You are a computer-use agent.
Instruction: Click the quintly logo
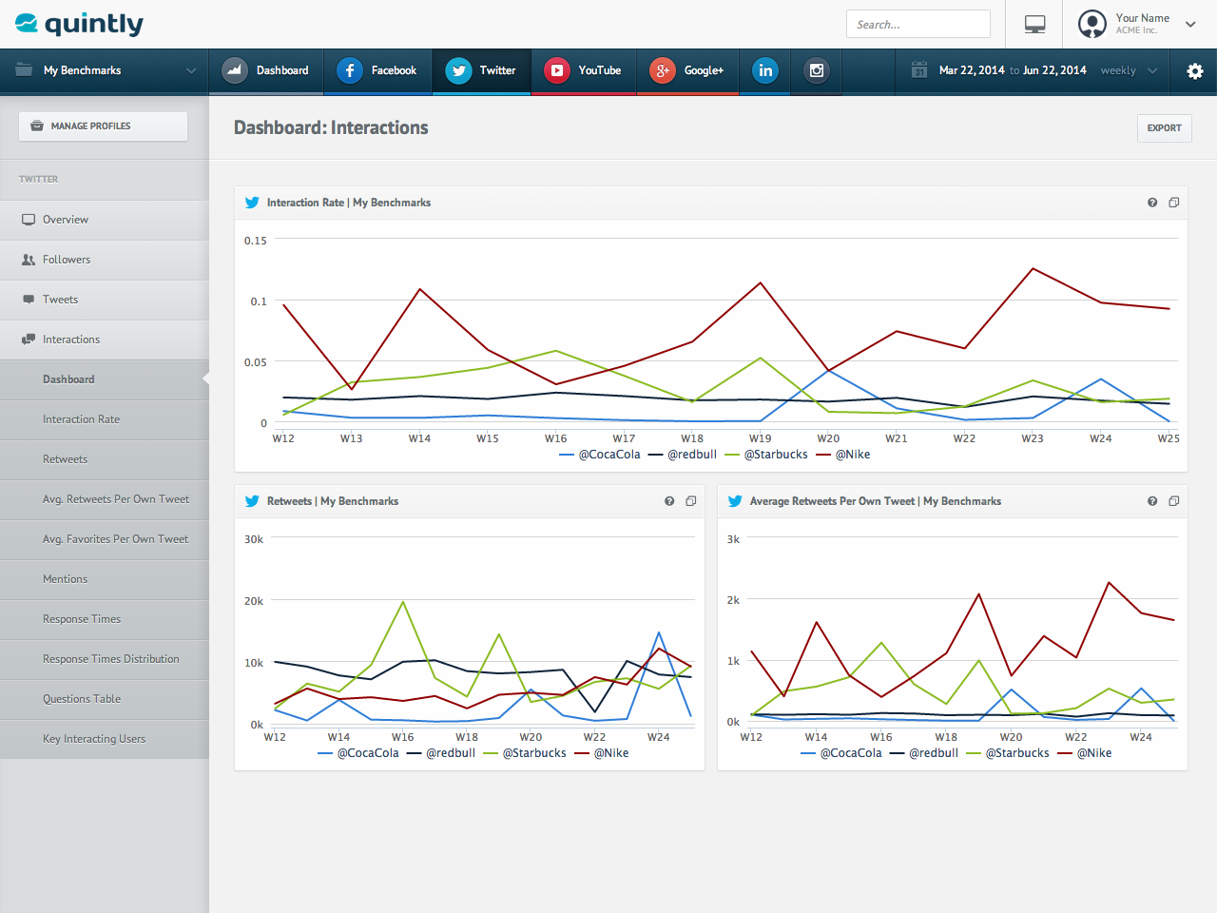[80, 24]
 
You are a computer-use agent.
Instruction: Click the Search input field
[918, 25]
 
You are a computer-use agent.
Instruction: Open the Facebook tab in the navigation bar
[377, 70]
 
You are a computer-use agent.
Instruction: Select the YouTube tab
[583, 70]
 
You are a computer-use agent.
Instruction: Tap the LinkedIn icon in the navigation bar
[765, 70]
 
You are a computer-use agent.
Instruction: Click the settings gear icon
[1195, 71]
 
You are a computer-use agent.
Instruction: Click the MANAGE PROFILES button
[103, 126]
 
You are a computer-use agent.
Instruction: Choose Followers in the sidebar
[67, 260]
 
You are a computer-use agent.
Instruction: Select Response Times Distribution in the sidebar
[110, 659]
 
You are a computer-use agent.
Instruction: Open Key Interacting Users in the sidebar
[94, 739]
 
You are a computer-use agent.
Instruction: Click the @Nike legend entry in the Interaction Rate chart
[852, 455]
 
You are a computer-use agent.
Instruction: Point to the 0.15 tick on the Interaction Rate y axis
[255, 241]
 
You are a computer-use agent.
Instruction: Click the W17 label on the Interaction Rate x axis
[624, 438]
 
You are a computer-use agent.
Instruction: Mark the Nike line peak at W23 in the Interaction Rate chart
[1033, 268]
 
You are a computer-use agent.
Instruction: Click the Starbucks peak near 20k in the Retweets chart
[403, 602]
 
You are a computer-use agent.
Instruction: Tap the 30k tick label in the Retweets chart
[254, 539]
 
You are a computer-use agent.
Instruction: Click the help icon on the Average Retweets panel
[1152, 501]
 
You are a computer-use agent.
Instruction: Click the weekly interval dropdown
[1129, 70]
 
